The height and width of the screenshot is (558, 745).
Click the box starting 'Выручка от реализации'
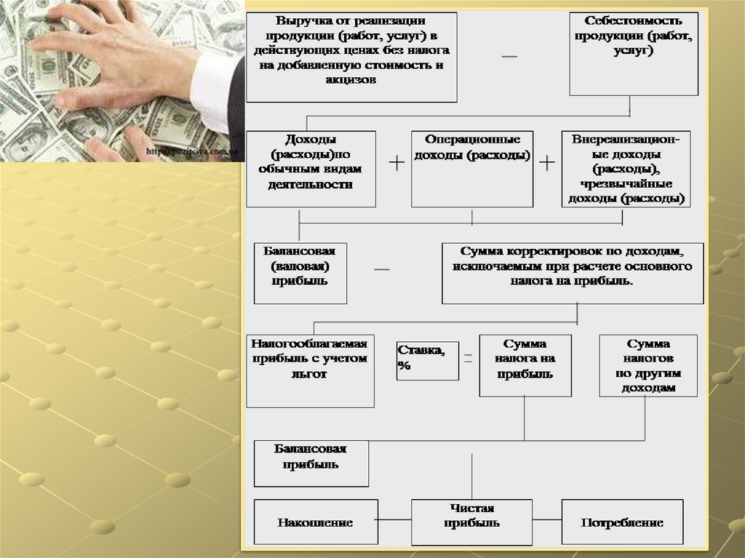pyautogui.click(x=351, y=57)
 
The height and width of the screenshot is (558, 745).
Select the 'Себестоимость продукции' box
pyautogui.click(x=629, y=53)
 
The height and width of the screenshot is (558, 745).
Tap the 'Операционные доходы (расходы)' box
pyautogui.click(x=471, y=169)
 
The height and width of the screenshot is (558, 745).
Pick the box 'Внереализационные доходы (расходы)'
pyautogui.click(x=626, y=169)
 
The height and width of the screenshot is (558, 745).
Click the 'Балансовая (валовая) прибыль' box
pyautogui.click(x=300, y=273)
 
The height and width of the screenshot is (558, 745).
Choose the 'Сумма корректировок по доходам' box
pyautogui.click(x=572, y=273)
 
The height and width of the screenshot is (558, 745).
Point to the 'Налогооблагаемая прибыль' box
pyautogui.click(x=310, y=370)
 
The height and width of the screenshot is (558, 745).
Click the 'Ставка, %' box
pyautogui.click(x=427, y=360)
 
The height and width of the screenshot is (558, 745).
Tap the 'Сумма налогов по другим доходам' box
pyautogui.click(x=648, y=365)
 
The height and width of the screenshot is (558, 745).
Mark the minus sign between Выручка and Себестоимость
pyautogui.click(x=509, y=57)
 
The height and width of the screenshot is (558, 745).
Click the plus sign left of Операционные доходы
pyautogui.click(x=397, y=163)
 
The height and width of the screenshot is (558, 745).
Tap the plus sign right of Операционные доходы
pyautogui.click(x=547, y=163)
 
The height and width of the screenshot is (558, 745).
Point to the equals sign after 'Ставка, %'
pyautogui.click(x=469, y=358)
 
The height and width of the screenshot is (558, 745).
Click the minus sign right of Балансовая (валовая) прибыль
pyautogui.click(x=382, y=269)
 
